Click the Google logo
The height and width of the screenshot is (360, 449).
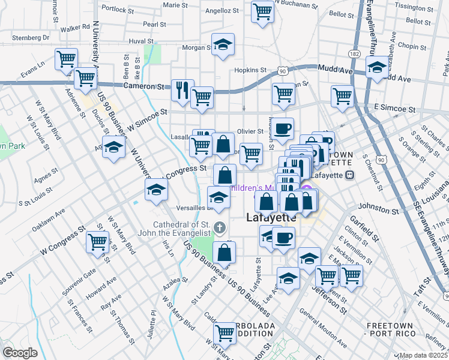(x=20, y=353)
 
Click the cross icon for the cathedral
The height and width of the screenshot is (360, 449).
(x=220, y=228)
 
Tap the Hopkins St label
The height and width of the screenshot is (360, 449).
(x=250, y=70)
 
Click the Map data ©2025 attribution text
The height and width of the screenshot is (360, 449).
(x=424, y=355)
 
